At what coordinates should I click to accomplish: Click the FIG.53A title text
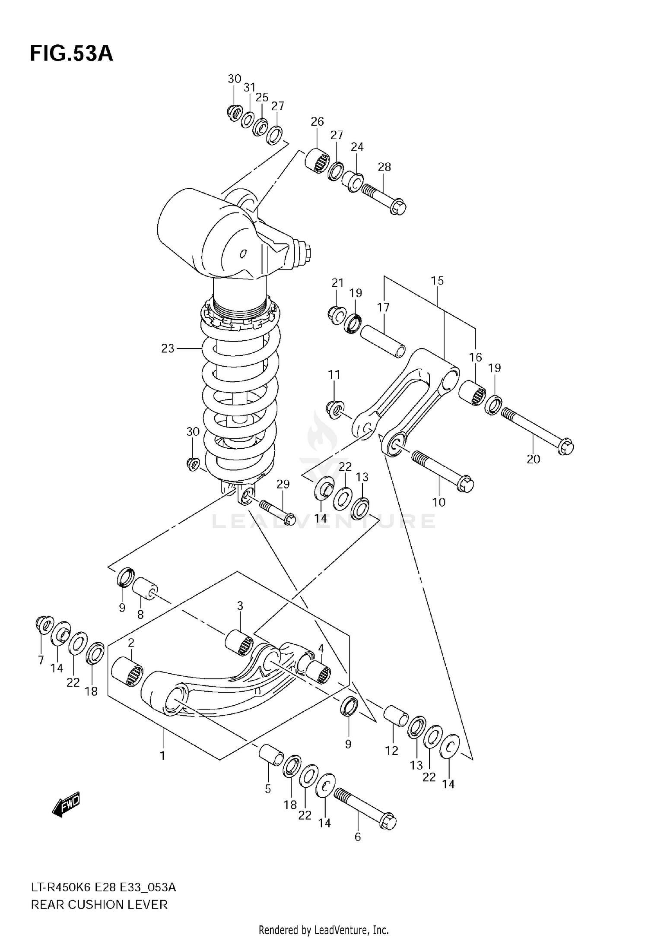[x=71, y=54]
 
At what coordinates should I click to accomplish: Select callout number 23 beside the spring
[x=168, y=349]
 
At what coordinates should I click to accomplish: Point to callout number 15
[x=437, y=281]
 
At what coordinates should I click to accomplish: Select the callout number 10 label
[x=438, y=502]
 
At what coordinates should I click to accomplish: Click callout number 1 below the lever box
[x=163, y=756]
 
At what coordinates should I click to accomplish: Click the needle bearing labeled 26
[x=317, y=161]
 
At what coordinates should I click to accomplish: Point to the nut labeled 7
[x=43, y=624]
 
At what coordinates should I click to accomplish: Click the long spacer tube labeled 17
[x=383, y=342]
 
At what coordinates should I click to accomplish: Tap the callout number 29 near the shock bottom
[x=283, y=484]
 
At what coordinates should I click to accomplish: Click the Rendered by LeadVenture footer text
[x=324, y=930]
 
